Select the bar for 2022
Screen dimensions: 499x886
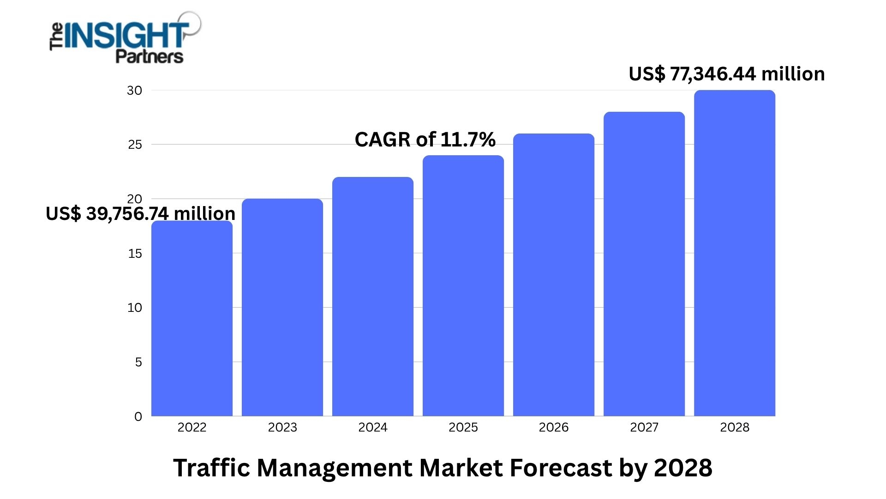point(192,319)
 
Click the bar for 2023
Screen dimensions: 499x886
point(282,307)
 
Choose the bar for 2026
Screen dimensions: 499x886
point(554,275)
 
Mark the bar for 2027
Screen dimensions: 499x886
point(644,264)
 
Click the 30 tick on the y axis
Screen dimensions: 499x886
point(135,91)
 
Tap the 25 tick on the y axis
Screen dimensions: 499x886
point(135,145)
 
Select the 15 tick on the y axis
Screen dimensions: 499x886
point(135,254)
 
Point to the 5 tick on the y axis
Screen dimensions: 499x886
point(138,362)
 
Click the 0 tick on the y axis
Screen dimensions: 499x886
point(138,417)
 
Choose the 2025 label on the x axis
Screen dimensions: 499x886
point(463,427)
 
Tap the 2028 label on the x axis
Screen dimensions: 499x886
point(735,427)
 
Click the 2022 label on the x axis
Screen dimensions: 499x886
point(192,427)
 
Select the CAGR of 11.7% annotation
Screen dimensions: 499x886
point(425,140)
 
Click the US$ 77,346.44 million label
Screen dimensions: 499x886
point(727,74)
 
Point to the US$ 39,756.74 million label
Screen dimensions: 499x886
point(140,213)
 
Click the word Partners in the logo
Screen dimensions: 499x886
point(149,56)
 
